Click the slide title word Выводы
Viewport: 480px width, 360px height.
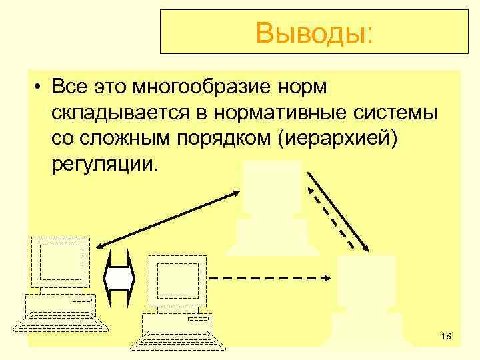[x=314, y=31]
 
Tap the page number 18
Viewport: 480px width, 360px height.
[x=446, y=336]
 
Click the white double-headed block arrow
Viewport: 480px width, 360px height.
[x=120, y=275]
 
